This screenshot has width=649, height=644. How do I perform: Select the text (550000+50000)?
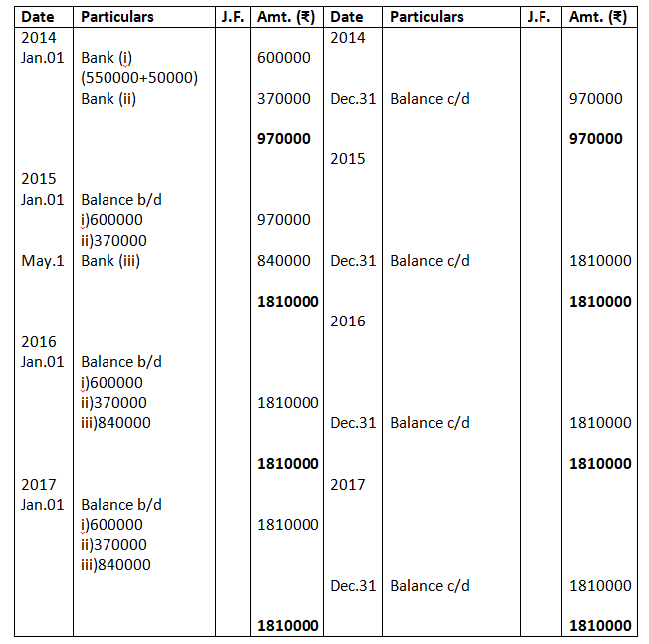click(x=139, y=78)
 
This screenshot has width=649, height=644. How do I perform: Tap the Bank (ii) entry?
click(x=110, y=99)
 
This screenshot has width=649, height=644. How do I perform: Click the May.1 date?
click(x=43, y=261)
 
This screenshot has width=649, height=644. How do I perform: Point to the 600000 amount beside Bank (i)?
click(x=284, y=58)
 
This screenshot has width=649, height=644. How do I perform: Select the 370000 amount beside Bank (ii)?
click(x=284, y=99)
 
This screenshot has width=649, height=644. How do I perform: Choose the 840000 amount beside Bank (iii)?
click(x=284, y=261)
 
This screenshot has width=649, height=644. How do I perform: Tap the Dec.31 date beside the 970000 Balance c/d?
click(x=353, y=99)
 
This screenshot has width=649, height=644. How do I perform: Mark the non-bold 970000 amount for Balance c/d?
click(x=596, y=99)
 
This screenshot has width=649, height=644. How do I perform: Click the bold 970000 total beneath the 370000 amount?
click(x=284, y=139)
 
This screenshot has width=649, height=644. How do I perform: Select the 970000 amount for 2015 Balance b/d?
click(x=284, y=220)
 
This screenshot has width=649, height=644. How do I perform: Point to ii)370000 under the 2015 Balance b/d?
click(x=113, y=240)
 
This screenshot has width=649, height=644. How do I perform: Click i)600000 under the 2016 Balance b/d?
click(x=111, y=382)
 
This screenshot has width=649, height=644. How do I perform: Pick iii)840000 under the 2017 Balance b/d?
click(x=115, y=565)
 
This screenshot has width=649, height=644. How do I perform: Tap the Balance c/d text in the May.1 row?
click(x=430, y=261)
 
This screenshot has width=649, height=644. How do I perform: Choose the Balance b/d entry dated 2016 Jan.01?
click(x=121, y=362)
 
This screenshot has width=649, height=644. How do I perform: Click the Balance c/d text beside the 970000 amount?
click(x=430, y=99)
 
